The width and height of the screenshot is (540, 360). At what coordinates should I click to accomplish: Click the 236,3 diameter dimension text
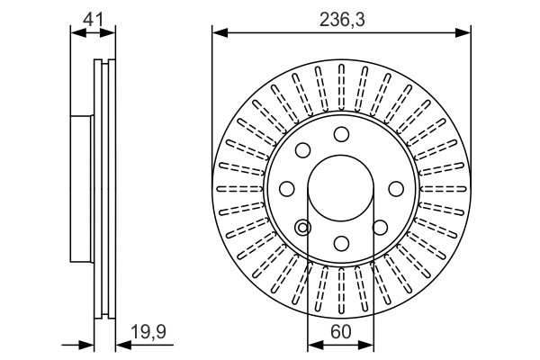[342, 17]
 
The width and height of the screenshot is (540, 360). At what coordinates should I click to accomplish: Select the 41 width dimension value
[93, 16]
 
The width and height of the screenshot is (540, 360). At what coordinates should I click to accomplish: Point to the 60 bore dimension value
[341, 331]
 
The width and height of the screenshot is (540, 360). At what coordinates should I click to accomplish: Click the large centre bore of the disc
[341, 189]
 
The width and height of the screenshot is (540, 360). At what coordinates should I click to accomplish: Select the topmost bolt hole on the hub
[341, 134]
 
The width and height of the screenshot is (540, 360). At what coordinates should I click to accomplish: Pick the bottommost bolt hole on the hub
[341, 243]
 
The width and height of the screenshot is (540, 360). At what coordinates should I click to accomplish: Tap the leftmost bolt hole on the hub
[287, 189]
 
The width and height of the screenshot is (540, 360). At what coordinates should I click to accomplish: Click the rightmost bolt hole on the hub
[395, 189]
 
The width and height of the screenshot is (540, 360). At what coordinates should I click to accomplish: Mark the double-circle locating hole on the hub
[302, 227]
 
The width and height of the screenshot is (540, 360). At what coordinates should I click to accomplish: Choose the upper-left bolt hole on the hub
[303, 150]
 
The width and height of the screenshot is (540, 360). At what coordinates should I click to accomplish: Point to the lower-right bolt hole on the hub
[380, 227]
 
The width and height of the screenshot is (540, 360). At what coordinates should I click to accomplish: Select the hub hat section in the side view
[81, 189]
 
